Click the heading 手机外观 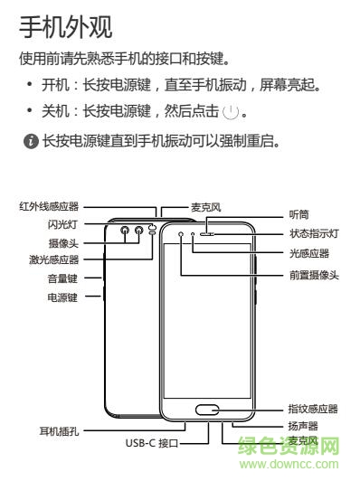(x=66, y=27)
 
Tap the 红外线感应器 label (x=49, y=206)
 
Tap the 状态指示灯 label (x=313, y=233)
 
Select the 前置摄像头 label (x=314, y=274)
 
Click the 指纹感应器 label (x=313, y=409)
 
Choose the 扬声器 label (x=301, y=424)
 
